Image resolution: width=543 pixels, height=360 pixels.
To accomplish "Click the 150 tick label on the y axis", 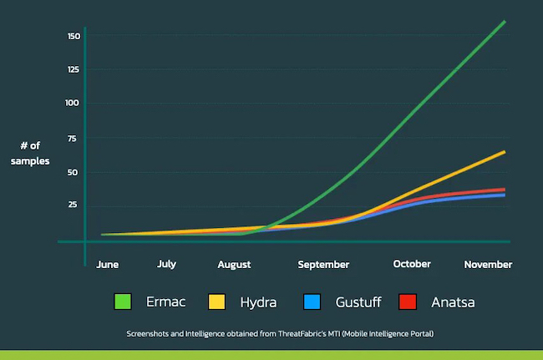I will pyautogui.click(x=73, y=36).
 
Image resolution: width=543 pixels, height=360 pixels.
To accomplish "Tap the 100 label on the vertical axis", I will pyautogui.click(x=73, y=103).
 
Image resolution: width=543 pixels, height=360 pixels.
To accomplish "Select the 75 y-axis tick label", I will pyautogui.click(x=74, y=138).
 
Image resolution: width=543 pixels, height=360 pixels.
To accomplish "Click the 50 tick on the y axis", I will pyautogui.click(x=74, y=172).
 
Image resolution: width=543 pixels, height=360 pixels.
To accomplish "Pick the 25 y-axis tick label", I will pyautogui.click(x=74, y=205).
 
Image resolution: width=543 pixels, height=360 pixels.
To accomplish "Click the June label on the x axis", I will pyautogui.click(x=108, y=264).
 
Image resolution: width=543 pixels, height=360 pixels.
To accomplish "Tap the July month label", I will pyautogui.click(x=166, y=264).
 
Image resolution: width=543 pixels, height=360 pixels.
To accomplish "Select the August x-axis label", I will pyautogui.click(x=234, y=265).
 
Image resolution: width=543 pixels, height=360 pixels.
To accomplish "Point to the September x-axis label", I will pyautogui.click(x=323, y=265).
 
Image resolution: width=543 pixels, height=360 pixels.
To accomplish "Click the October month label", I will pyautogui.click(x=412, y=264).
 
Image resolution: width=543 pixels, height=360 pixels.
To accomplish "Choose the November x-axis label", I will pyautogui.click(x=488, y=264).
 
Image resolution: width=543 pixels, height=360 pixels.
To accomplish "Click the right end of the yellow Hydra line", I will pyautogui.click(x=505, y=152).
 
